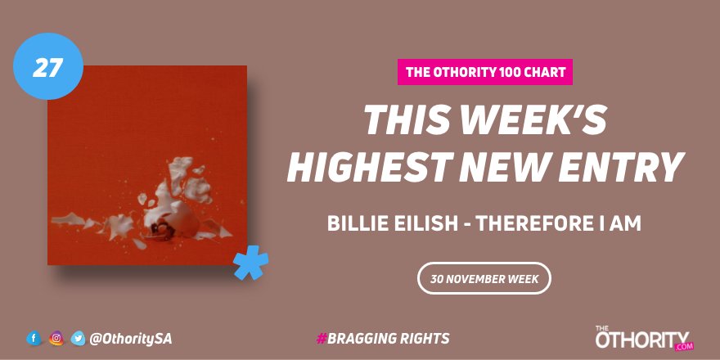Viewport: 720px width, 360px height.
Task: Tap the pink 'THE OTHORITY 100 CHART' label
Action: click(485, 72)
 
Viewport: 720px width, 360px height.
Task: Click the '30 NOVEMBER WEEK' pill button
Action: click(484, 278)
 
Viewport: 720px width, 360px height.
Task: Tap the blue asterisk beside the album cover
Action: click(250, 263)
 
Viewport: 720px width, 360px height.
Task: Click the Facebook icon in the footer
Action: click(34, 338)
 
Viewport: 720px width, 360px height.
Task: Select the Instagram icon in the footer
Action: click(56, 338)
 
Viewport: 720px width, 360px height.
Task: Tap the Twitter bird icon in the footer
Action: click(79, 338)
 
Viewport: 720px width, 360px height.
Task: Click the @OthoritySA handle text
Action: click(131, 338)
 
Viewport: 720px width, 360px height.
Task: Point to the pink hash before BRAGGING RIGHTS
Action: click(321, 338)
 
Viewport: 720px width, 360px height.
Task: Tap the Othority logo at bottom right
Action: click(643, 337)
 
